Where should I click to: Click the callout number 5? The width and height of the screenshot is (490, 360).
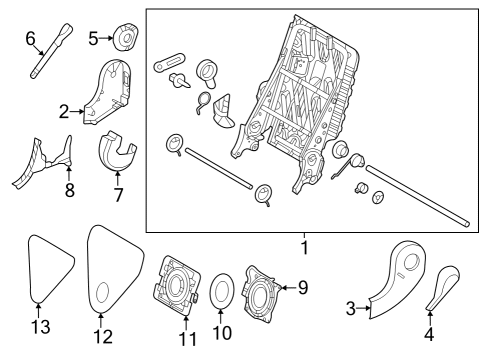93,39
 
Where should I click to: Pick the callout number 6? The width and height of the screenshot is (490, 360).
30,38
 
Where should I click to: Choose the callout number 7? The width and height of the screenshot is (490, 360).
118,194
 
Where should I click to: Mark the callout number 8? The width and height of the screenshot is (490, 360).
69,190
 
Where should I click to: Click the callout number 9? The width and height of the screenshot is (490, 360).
302,288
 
